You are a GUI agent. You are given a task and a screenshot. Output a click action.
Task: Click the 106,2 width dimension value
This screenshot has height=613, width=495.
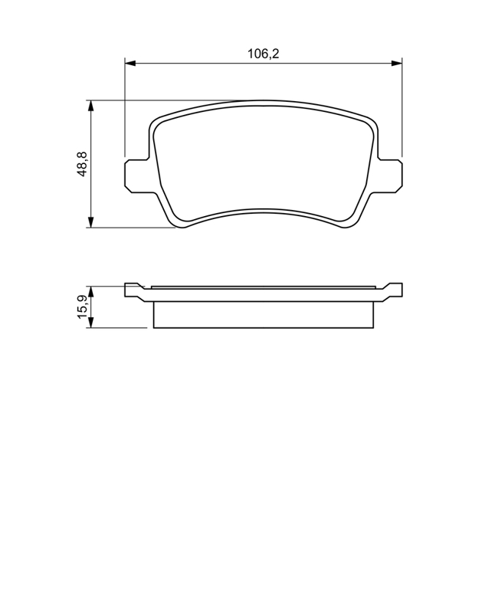pos(263,54)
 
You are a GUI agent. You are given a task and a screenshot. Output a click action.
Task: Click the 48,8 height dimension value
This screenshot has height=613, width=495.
pos(83,164)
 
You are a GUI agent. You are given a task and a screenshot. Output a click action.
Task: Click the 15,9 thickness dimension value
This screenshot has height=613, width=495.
pos(83,307)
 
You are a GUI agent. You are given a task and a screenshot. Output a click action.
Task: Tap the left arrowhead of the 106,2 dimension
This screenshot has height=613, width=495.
pos(130,63)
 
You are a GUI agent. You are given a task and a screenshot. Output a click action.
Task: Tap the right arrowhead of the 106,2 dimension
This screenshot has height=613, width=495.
pos(396,63)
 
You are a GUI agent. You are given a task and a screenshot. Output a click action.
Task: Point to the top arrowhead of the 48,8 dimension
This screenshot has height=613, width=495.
pos(90,106)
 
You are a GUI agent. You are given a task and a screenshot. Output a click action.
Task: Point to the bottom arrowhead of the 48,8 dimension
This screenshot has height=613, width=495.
pos(90,222)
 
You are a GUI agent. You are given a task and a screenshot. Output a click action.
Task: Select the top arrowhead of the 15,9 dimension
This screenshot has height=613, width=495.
pos(90,291)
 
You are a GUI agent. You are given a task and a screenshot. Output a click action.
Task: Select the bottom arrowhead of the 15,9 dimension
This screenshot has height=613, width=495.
pos(90,323)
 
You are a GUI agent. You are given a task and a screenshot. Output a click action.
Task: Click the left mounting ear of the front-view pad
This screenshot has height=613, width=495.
pos(137,175)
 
